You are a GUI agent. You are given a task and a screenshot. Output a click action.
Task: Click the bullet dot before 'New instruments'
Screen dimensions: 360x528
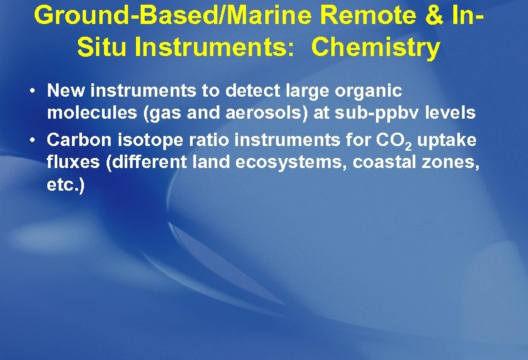(x=33, y=90)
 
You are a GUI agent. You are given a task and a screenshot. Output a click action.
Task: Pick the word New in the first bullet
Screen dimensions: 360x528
(x=63, y=89)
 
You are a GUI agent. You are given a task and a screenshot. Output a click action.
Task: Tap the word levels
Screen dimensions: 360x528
(x=452, y=113)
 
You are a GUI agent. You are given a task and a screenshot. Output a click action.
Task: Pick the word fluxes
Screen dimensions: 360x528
(x=70, y=162)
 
